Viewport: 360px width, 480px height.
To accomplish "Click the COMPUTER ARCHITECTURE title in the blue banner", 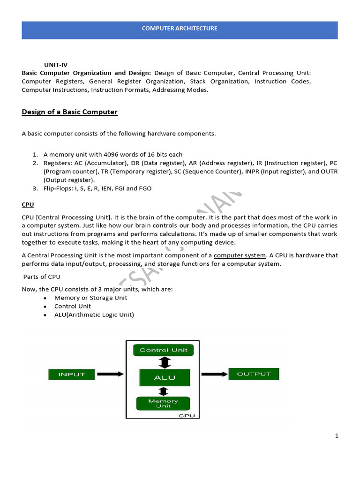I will [180, 29].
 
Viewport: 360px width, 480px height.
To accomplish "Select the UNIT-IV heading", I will [56, 64].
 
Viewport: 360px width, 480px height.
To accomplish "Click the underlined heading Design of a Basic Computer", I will [69, 112].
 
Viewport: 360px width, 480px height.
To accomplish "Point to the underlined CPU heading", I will [28, 205].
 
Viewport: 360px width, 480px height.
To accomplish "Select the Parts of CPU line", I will [42, 277].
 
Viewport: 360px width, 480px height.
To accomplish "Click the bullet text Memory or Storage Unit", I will [90, 298].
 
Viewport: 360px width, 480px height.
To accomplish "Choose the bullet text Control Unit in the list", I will [73, 306].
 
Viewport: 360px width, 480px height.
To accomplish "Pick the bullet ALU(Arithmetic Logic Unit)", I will [94, 315].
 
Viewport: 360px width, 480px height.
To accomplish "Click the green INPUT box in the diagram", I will [72, 374].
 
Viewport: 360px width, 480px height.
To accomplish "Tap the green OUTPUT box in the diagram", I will [254, 374].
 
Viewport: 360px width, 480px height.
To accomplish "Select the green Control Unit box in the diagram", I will [163, 350].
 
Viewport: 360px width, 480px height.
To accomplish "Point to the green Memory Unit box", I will [163, 403].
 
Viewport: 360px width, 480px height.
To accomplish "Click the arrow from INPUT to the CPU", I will [111, 374].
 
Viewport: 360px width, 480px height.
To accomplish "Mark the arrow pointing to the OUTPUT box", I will [215, 374].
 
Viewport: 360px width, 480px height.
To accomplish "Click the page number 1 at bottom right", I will [337, 435].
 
